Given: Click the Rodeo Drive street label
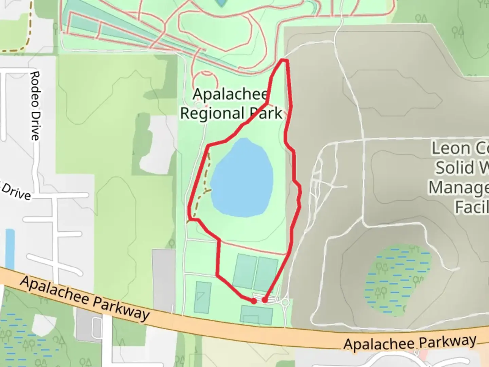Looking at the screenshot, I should [x=35, y=106].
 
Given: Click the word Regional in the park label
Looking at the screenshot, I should [x=213, y=113].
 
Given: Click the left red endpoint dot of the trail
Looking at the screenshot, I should [x=254, y=301].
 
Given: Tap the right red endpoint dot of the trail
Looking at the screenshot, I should [x=264, y=300].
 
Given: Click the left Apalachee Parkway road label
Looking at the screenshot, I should [x=85, y=298].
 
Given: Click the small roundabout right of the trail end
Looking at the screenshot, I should [x=285, y=302].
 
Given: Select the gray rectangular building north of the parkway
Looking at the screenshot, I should [x=164, y=279].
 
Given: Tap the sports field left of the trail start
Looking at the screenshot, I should [x=203, y=297].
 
